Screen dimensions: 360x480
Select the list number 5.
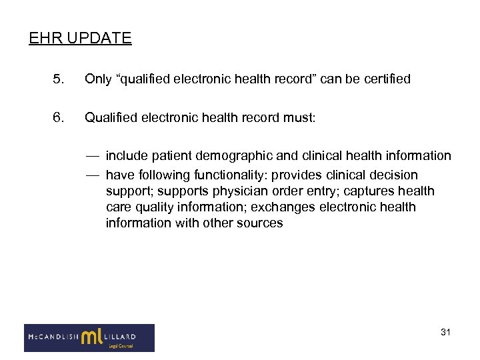[x=58, y=79]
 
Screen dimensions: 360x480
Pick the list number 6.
[x=58, y=118]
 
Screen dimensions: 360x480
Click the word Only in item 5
[x=97, y=79]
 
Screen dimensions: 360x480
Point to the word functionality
[x=229, y=175]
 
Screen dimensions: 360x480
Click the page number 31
[x=445, y=332]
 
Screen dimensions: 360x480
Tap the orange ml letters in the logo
[x=93, y=337]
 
